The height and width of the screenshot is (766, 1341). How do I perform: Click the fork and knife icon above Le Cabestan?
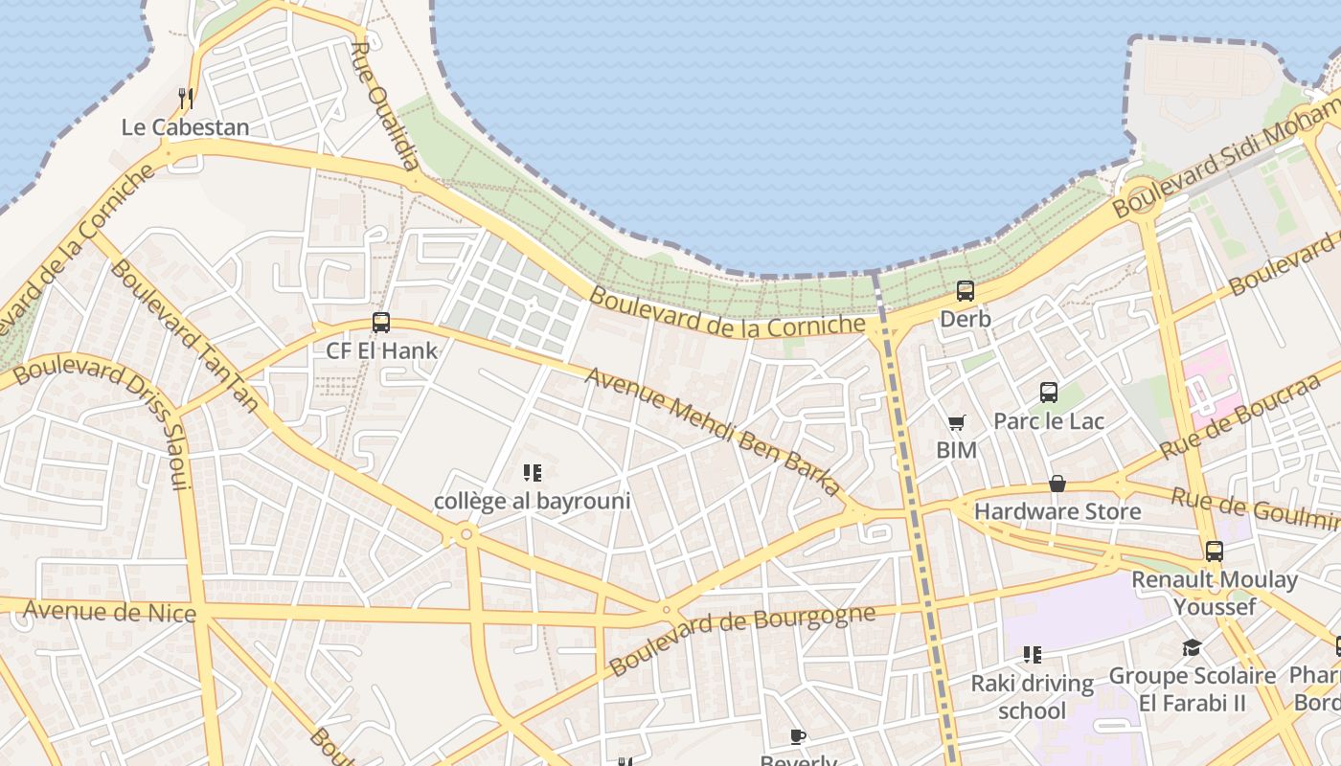pyautogui.click(x=186, y=98)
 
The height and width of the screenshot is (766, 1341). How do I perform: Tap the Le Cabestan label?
pyautogui.click(x=185, y=127)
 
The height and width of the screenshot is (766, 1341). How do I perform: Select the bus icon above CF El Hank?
pyautogui.click(x=381, y=323)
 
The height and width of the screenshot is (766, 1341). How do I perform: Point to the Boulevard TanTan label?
pyautogui.click(x=184, y=335)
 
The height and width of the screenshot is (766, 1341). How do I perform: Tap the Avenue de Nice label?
pyautogui.click(x=109, y=611)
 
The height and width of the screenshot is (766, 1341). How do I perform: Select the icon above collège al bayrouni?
pyautogui.click(x=533, y=472)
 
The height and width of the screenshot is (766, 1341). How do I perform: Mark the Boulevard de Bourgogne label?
pyautogui.click(x=742, y=639)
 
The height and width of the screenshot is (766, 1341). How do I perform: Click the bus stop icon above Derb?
pyautogui.click(x=966, y=291)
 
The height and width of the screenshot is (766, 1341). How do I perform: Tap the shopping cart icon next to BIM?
pyautogui.click(x=956, y=422)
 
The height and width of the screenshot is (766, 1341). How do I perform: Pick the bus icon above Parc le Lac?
pyautogui.click(x=1049, y=392)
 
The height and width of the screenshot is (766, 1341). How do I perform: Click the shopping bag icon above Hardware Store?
pyautogui.click(x=1057, y=484)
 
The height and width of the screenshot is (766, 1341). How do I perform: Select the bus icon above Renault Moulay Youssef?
pyautogui.click(x=1215, y=551)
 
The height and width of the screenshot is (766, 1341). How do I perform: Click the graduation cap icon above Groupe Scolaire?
pyautogui.click(x=1192, y=648)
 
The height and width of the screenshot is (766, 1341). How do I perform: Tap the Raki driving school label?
pyautogui.click(x=1033, y=696)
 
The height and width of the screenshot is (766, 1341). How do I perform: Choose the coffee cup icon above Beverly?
pyautogui.click(x=798, y=736)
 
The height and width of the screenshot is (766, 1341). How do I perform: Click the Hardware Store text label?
pyautogui.click(x=1057, y=511)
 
